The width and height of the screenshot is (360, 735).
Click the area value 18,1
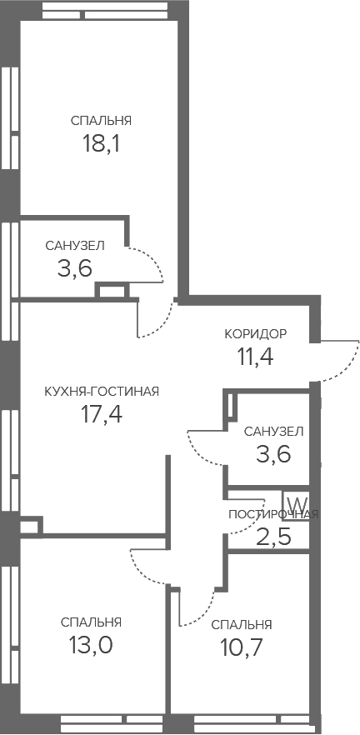(x=102, y=143)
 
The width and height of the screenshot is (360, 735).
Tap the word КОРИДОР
(x=256, y=333)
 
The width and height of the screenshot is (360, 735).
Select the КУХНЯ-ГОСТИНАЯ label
(x=102, y=392)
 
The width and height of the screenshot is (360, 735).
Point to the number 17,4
(x=102, y=414)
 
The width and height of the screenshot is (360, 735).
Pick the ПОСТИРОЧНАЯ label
(x=273, y=515)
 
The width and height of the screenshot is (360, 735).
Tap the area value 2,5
(x=273, y=537)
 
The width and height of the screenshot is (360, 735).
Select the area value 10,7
(x=241, y=647)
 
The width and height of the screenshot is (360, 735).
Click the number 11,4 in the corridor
(x=256, y=357)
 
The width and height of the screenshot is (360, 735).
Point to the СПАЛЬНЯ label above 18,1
(x=102, y=121)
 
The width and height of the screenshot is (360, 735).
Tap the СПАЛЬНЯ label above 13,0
(x=92, y=622)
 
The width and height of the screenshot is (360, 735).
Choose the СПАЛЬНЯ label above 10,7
(x=242, y=625)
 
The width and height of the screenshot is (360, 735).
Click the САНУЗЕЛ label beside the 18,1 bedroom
(x=75, y=245)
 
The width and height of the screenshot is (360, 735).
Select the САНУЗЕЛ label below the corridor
(x=273, y=432)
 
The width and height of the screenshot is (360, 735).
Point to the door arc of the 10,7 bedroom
(x=205, y=614)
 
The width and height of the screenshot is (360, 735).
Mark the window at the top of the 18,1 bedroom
(x=104, y=10)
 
